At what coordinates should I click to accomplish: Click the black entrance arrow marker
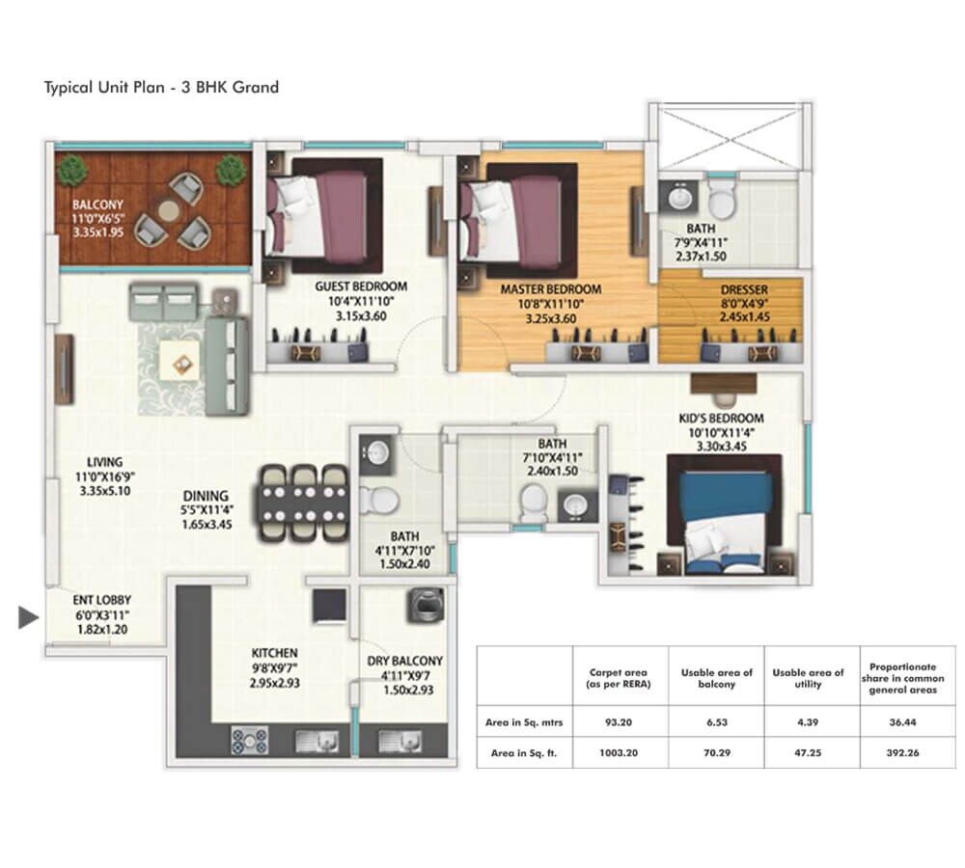pos(28,617)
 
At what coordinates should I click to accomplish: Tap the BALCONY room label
pos(96,204)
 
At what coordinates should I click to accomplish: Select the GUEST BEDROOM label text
pos(361,286)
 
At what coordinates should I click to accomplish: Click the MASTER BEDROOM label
pos(550,289)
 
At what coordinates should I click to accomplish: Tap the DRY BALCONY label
pos(404,661)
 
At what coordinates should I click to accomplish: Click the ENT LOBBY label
pos(102,600)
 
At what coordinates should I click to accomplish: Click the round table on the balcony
pos(170,211)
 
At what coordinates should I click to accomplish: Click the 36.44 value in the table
pos(897,719)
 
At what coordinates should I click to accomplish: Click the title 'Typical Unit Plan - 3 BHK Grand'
pos(161,88)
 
